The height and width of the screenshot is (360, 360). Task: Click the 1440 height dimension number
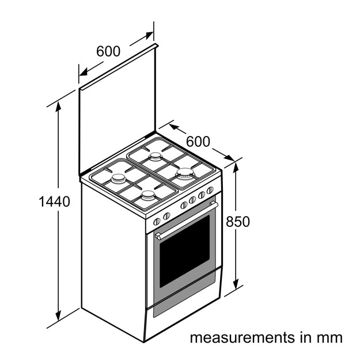click(x=54, y=202)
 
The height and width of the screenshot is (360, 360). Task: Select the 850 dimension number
click(x=238, y=222)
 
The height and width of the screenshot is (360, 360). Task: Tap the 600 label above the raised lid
click(x=108, y=51)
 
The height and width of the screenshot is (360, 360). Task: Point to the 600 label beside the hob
click(x=198, y=142)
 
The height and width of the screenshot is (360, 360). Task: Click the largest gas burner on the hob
click(x=185, y=173)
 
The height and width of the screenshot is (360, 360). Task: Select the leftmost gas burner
click(x=119, y=179)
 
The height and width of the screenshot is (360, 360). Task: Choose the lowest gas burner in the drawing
click(x=148, y=195)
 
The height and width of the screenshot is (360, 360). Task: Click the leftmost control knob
click(x=157, y=222)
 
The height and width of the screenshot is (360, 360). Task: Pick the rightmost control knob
click(x=210, y=190)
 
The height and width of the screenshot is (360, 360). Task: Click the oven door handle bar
click(x=187, y=221)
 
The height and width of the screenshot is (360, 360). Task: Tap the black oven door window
click(x=184, y=251)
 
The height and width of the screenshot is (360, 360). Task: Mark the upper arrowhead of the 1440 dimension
click(x=58, y=107)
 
